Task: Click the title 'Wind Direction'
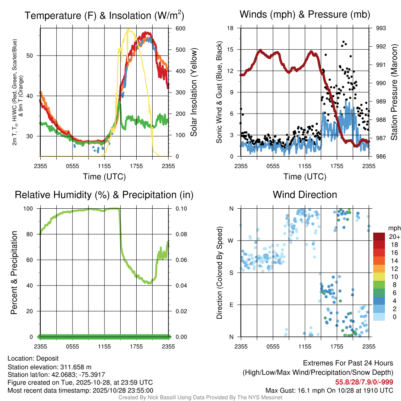pos(305,195)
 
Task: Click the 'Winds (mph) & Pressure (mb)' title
pos(305,15)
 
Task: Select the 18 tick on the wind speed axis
pos(231,28)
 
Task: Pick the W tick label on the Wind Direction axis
pos(231,240)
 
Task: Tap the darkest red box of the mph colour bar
pos(379,237)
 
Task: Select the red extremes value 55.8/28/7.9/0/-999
pos(364,382)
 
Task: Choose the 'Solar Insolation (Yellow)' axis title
pos(193,92)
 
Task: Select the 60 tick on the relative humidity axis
pos(33,260)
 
